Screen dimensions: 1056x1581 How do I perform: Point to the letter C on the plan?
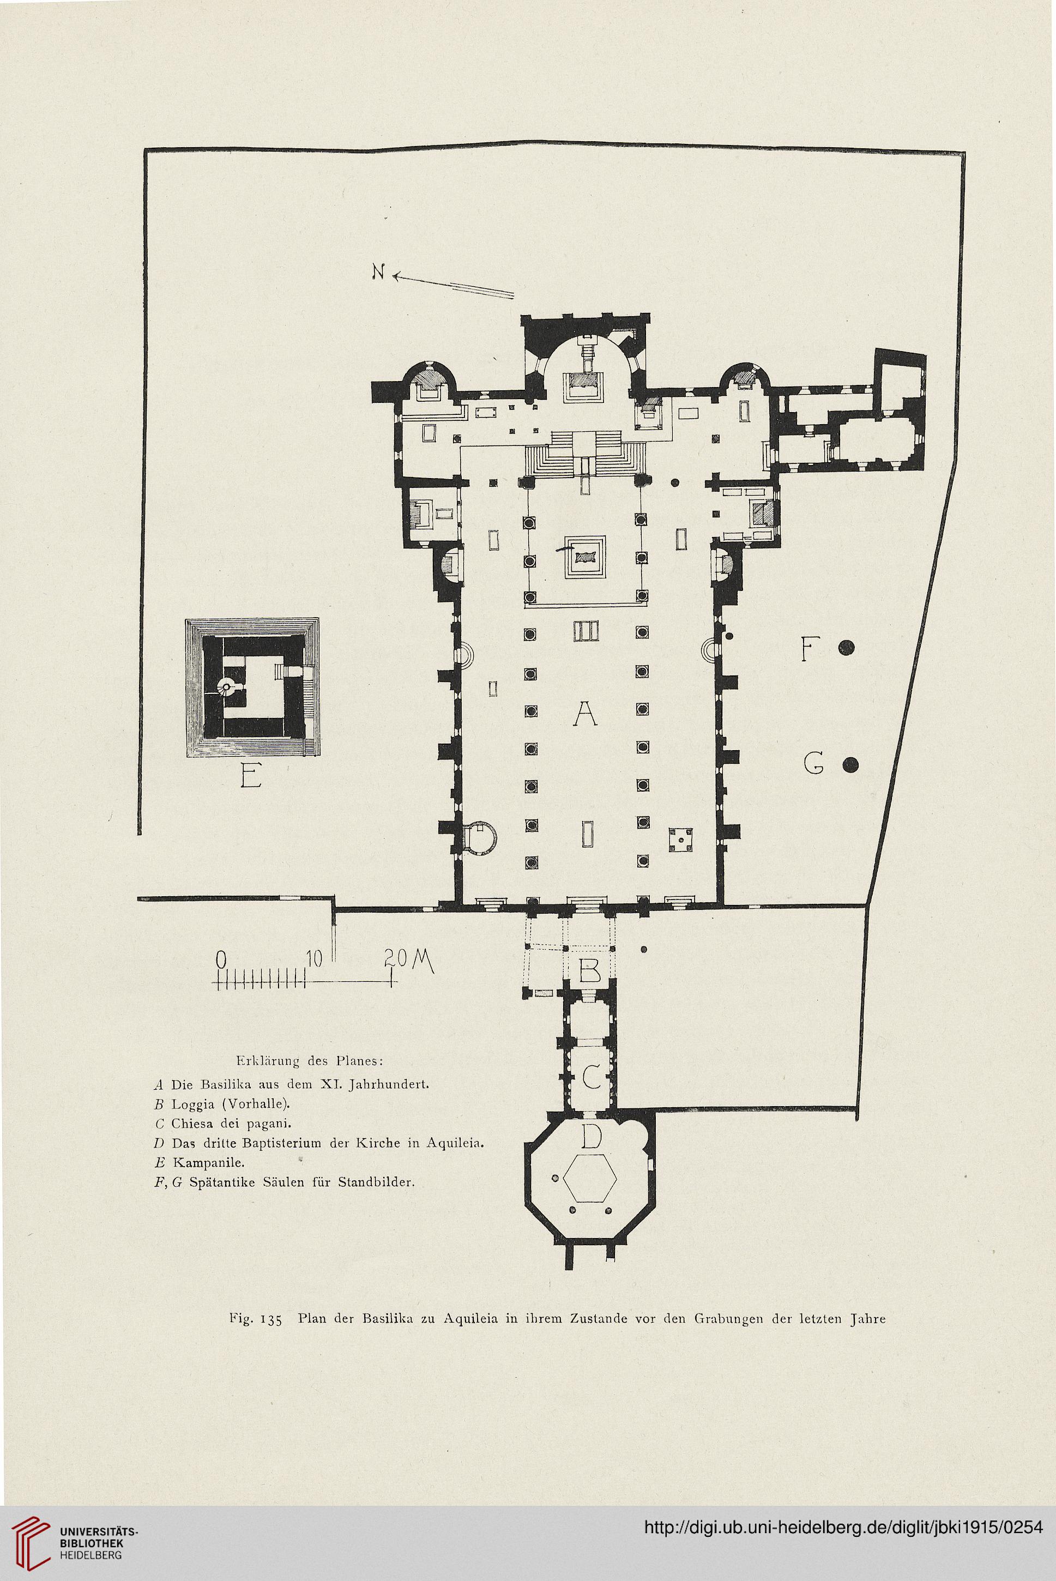pos(590,1077)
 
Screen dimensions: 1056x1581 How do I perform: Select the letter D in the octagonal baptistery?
pos(590,1137)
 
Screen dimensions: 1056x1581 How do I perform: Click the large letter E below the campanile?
pos(251,778)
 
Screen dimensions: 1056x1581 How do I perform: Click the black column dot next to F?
pos(847,648)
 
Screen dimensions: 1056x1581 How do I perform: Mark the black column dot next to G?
pos(852,765)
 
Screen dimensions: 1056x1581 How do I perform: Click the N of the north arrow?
pos(379,272)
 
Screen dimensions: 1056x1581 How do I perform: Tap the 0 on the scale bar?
pos(220,959)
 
